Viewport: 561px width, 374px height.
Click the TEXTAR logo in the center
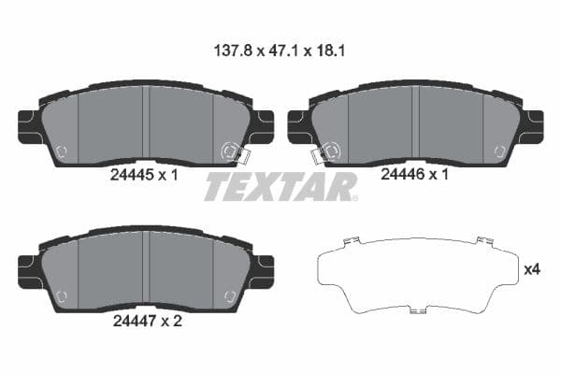pos(280,187)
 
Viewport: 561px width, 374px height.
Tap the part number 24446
pos(401,175)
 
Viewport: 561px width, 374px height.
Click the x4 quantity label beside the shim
pos(532,269)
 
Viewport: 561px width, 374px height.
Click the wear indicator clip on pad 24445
pos(230,151)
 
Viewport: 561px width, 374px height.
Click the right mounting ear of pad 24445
pos(263,126)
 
